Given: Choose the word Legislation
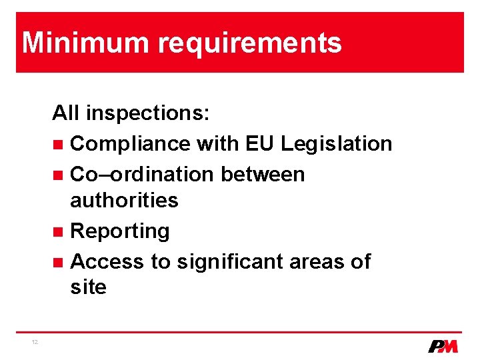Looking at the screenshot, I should (337, 144).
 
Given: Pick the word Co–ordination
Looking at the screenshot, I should (142, 174).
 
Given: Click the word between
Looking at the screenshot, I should (263, 174).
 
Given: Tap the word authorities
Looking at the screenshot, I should (124, 200).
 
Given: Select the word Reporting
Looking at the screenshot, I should (120, 232).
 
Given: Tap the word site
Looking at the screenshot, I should (88, 287).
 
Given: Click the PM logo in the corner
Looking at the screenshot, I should (443, 346).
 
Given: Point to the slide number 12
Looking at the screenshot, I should (34, 342).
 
